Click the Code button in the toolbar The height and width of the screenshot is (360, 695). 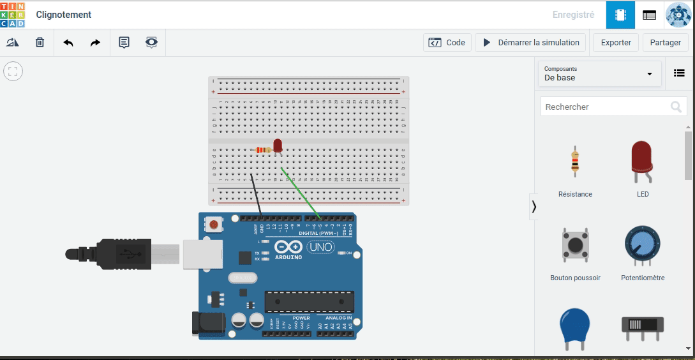[447, 43]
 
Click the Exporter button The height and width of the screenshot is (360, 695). [616, 43]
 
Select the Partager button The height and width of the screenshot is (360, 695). [665, 43]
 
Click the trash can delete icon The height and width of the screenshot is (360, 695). [40, 43]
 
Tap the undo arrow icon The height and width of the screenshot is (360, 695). [68, 43]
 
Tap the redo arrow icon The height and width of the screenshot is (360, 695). [95, 43]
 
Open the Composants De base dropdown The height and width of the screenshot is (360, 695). [599, 73]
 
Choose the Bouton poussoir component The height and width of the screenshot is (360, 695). [575, 246]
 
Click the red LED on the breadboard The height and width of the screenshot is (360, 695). [277, 145]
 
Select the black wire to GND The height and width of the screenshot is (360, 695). [256, 195]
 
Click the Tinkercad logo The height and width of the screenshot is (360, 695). [13, 14]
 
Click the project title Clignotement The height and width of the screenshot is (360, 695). [64, 15]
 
